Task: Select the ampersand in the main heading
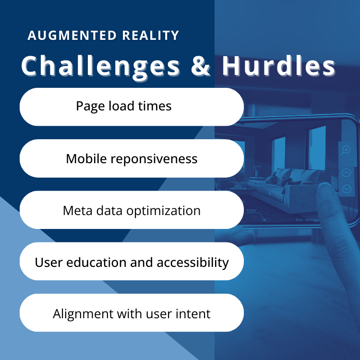tap(200, 66)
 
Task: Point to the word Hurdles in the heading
tap(279, 66)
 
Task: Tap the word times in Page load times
tap(155, 106)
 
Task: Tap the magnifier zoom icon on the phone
tap(346, 150)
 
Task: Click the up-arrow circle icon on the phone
tap(347, 172)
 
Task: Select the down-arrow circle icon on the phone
tap(347, 189)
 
